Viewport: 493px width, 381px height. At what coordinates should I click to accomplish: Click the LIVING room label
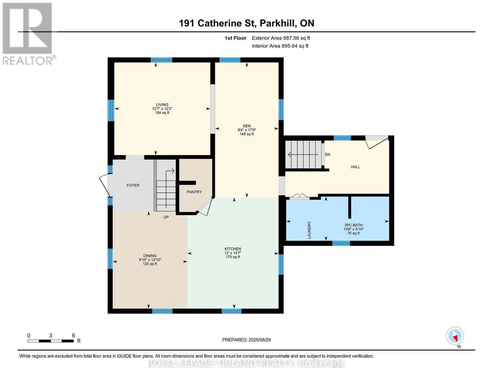(162, 104)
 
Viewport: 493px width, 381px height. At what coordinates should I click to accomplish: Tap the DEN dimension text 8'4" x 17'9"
(247, 130)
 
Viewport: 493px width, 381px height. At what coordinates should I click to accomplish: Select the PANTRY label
(194, 192)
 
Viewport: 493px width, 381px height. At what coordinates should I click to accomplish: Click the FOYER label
(133, 185)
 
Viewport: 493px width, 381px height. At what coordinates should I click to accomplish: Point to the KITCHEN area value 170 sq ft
(233, 257)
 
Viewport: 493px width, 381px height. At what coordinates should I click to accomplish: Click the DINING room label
(150, 256)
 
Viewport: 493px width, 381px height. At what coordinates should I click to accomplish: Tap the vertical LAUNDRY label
(309, 230)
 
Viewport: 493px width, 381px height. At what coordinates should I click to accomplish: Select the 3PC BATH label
(353, 225)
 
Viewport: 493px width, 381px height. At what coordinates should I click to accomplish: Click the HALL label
(355, 167)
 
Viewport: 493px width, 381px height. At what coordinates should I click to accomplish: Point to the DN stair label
(327, 154)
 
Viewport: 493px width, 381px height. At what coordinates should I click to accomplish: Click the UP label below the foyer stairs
(166, 217)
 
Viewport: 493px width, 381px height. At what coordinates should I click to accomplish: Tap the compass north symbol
(455, 336)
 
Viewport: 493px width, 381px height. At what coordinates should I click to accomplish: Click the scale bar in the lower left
(51, 341)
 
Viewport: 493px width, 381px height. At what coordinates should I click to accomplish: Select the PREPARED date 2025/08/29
(246, 340)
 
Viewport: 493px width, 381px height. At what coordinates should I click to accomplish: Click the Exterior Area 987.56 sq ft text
(281, 38)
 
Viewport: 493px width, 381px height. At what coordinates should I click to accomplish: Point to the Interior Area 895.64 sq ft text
(280, 46)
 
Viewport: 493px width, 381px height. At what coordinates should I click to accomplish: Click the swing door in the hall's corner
(377, 142)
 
